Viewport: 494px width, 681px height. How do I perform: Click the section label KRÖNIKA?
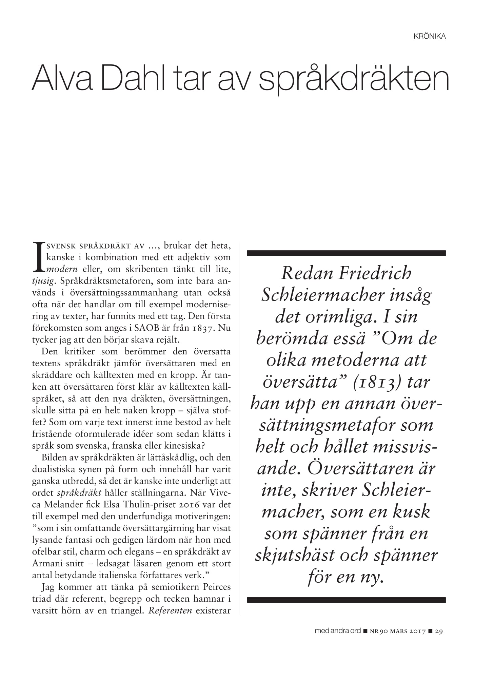click(x=429, y=36)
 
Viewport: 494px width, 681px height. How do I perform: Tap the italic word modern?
click(x=62, y=269)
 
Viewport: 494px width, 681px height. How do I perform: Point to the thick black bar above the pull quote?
click(x=346, y=253)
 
